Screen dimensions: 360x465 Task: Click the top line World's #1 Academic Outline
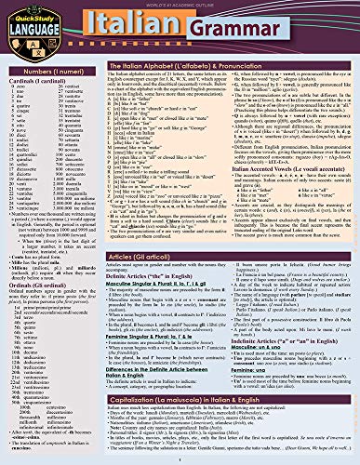[x=180, y=4]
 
